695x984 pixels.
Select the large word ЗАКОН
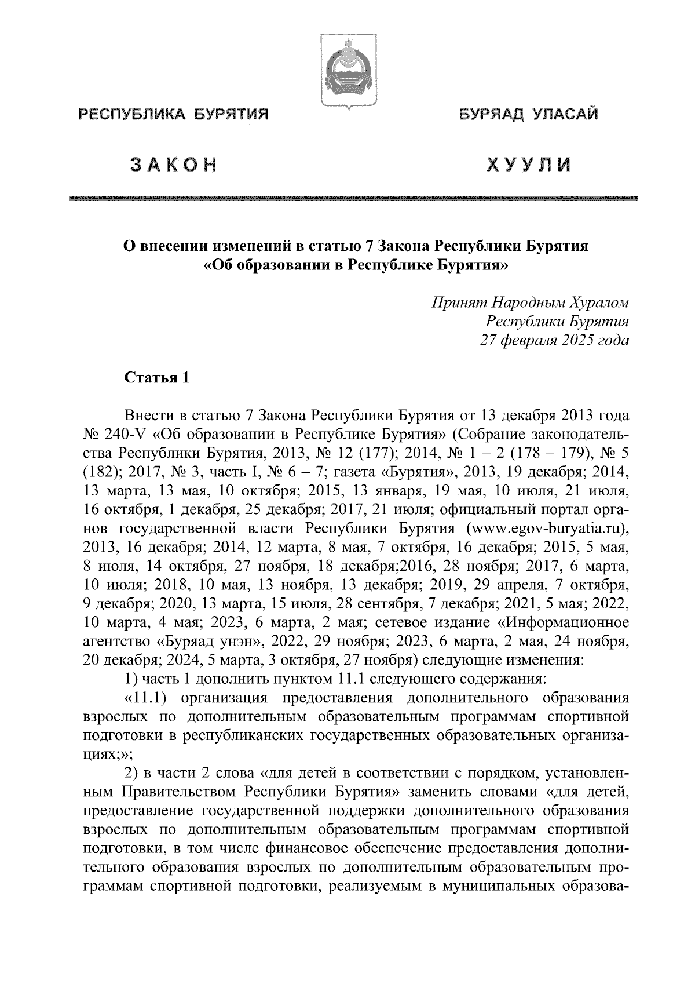coord(172,165)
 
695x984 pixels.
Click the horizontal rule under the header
coord(352,198)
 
